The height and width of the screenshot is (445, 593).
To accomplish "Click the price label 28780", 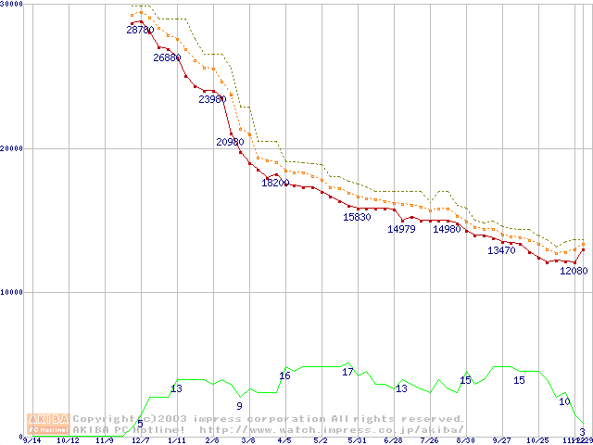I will [x=140, y=31].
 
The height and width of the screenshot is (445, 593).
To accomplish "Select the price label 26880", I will [x=168, y=57].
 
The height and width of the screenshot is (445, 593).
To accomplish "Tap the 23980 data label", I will [x=212, y=99].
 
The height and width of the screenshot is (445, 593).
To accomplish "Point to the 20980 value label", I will [x=230, y=142].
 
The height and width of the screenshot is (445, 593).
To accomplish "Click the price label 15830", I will [x=357, y=217].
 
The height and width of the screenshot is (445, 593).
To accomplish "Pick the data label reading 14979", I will [x=401, y=229].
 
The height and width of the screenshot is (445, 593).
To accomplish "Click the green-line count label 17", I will [x=347, y=372].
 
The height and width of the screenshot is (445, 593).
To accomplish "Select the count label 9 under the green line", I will [x=239, y=406].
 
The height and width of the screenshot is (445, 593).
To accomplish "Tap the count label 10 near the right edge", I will [x=563, y=401].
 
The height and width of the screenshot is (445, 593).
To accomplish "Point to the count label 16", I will [x=284, y=375].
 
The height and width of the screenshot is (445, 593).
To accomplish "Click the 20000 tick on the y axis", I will [x=12, y=148].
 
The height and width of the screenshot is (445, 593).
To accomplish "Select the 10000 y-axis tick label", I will [x=12, y=292].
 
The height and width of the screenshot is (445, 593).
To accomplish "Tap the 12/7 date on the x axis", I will [x=140, y=441].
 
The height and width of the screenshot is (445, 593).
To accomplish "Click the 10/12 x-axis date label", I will [x=68, y=441].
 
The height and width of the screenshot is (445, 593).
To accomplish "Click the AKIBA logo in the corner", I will [x=48, y=424].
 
